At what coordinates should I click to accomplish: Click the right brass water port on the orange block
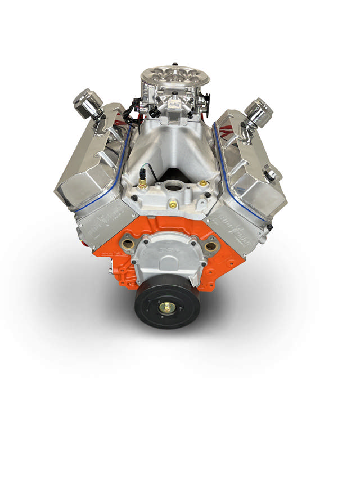point(211,246)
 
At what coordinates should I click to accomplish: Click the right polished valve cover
point(247,169)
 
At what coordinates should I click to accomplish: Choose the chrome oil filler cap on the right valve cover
point(272,173)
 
